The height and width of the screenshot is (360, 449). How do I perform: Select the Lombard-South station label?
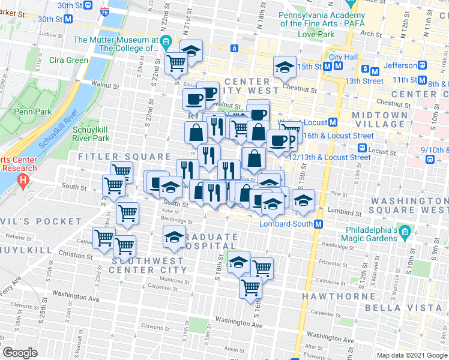click(286, 224)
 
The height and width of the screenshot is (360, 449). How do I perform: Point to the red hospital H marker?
click(23, 179)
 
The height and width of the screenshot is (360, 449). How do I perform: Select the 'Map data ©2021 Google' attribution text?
click(412, 355)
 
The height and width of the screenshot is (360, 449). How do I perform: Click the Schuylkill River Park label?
click(91, 134)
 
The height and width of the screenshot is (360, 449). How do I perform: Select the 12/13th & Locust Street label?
click(330, 157)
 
